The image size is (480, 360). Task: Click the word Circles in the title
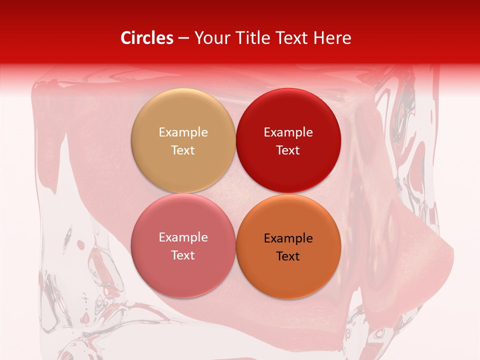click(x=146, y=38)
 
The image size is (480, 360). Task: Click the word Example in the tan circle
click(x=183, y=132)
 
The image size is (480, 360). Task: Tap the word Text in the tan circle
click(x=183, y=150)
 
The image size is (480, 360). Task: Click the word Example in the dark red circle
click(x=288, y=132)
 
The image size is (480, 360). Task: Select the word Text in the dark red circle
click(x=288, y=150)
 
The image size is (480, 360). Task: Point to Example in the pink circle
click(x=183, y=237)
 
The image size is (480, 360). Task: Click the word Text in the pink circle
click(x=183, y=255)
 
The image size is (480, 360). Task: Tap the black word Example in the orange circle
click(x=288, y=238)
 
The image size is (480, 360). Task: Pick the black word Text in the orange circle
click(x=288, y=256)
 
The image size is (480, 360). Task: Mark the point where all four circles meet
click(x=236, y=193)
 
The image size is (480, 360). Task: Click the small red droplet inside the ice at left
click(x=80, y=244)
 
